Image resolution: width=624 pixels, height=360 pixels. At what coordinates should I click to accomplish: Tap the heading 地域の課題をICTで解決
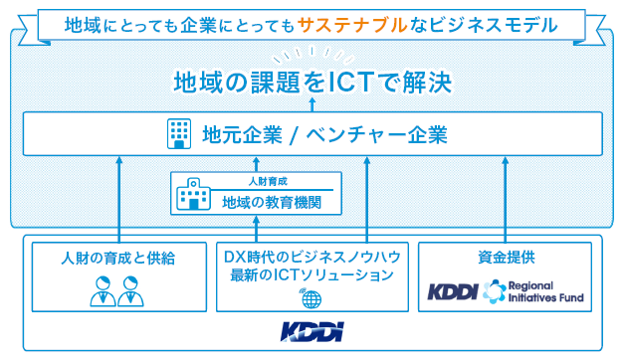pyautogui.click(x=312, y=81)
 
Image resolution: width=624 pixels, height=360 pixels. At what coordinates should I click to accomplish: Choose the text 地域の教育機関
pyautogui.click(x=271, y=202)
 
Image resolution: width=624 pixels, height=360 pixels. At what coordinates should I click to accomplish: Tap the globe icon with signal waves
pyautogui.click(x=311, y=298)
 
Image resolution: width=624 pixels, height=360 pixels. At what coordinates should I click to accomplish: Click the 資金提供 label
pyautogui.click(x=507, y=258)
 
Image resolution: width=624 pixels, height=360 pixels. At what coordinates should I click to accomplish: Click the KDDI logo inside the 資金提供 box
pyautogui.click(x=454, y=291)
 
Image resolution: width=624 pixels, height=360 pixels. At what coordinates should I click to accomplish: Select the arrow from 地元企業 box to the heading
pyautogui.click(x=312, y=103)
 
